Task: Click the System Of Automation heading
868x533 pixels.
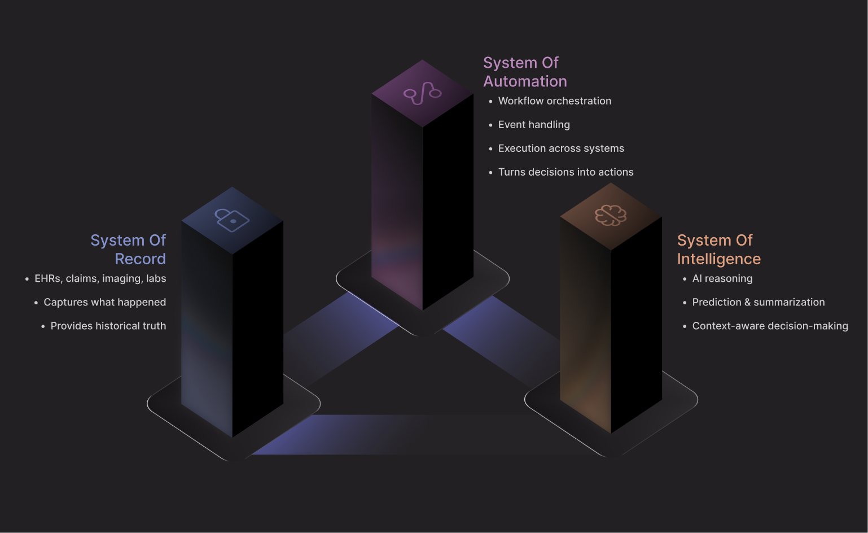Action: click(525, 72)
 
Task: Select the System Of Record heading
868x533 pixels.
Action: click(129, 249)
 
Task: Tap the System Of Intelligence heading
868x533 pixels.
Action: click(718, 249)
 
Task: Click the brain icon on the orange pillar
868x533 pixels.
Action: click(611, 215)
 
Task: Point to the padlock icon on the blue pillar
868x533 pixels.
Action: click(232, 220)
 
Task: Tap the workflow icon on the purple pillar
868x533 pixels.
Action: click(422, 93)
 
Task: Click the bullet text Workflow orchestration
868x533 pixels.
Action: click(554, 101)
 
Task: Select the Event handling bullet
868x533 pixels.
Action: click(533, 125)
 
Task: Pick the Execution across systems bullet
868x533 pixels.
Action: click(560, 148)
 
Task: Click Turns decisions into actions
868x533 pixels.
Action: click(565, 172)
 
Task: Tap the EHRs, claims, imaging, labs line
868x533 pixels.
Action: click(100, 278)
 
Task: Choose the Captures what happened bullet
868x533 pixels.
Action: click(104, 302)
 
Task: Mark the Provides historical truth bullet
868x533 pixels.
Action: click(108, 326)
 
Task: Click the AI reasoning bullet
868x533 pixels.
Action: click(722, 278)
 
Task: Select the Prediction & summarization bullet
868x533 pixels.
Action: click(758, 302)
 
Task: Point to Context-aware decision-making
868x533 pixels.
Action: click(770, 326)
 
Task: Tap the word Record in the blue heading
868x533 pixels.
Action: click(140, 259)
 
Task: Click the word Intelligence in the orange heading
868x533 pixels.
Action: click(718, 259)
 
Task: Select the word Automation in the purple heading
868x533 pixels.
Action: click(525, 81)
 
